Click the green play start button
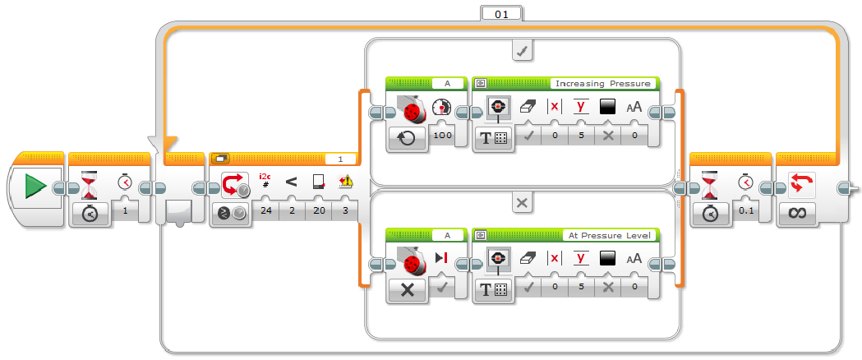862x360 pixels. click(35, 187)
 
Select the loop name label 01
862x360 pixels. click(500, 13)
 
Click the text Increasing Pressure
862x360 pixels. click(603, 83)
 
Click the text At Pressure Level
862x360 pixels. click(609, 235)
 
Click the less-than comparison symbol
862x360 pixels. click(291, 182)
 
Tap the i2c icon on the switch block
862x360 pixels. click(265, 179)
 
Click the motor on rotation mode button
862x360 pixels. click(407, 136)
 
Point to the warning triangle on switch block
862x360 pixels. click(345, 182)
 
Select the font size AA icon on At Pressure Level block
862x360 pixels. click(634, 259)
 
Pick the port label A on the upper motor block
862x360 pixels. click(447, 83)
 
